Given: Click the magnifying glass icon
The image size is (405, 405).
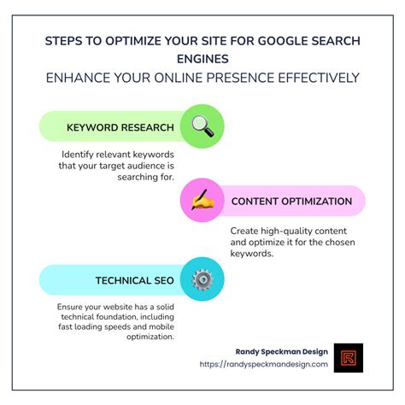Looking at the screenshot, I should (x=202, y=126).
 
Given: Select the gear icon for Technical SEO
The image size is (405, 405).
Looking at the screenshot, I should (x=202, y=279).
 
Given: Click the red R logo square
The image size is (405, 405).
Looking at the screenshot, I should (x=349, y=358).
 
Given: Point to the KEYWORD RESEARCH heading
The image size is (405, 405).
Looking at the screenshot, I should (x=120, y=128).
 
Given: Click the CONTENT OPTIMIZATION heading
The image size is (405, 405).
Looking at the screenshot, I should (x=291, y=202).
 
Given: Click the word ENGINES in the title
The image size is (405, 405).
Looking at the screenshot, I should (x=202, y=59).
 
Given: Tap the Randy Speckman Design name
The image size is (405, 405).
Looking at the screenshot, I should (x=282, y=350).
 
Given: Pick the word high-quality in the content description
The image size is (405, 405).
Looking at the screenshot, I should (x=281, y=231).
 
